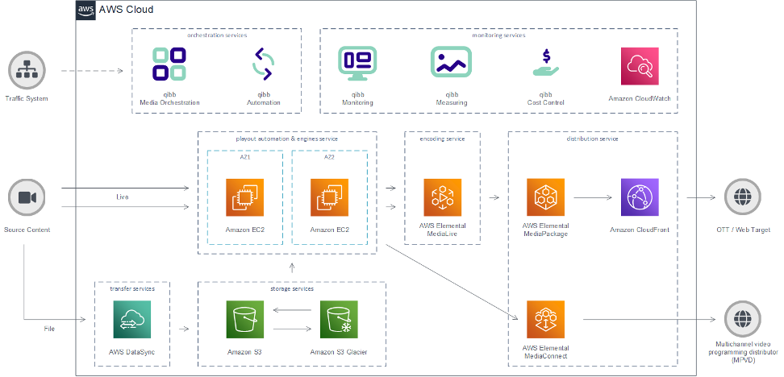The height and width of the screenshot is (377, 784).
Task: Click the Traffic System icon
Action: click(x=27, y=71)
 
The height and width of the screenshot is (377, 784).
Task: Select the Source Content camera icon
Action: click(x=27, y=198)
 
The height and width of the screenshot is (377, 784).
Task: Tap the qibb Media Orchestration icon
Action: click(x=169, y=64)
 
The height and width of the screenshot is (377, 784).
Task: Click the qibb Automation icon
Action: click(x=264, y=64)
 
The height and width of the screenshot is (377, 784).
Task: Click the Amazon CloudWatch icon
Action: click(x=640, y=65)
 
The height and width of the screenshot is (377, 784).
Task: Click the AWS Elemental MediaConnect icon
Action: click(x=546, y=320)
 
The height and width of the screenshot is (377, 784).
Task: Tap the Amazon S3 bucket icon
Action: click(x=245, y=320)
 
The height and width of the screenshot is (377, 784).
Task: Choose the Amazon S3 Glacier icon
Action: click(x=339, y=320)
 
